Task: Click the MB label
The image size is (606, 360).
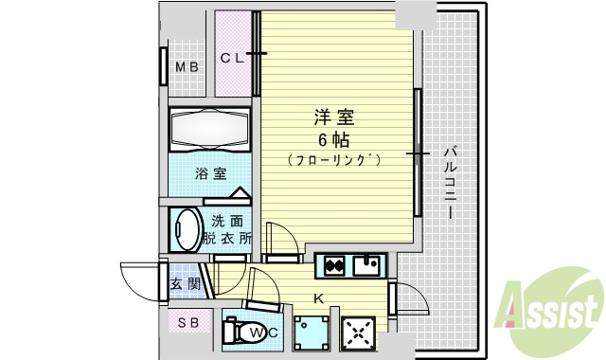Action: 187,66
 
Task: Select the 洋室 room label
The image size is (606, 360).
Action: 333,117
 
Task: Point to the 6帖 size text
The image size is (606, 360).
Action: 333,139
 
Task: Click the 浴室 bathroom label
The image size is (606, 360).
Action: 210,173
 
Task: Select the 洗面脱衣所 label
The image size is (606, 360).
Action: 227,229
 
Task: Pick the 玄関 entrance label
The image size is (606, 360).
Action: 184,283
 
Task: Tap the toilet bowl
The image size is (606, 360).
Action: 248,333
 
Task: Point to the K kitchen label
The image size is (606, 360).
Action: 319,300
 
